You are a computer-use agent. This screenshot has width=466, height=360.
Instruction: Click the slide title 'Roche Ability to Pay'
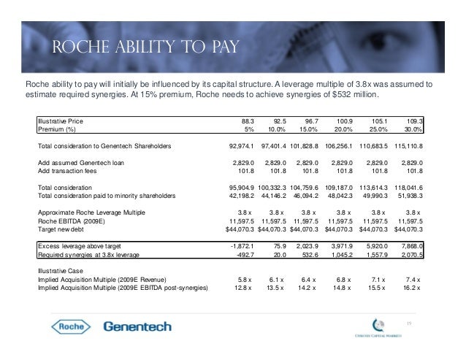145,50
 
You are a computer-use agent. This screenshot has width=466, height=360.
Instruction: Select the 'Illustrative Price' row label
61,121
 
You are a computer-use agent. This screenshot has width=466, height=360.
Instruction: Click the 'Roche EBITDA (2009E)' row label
76,221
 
